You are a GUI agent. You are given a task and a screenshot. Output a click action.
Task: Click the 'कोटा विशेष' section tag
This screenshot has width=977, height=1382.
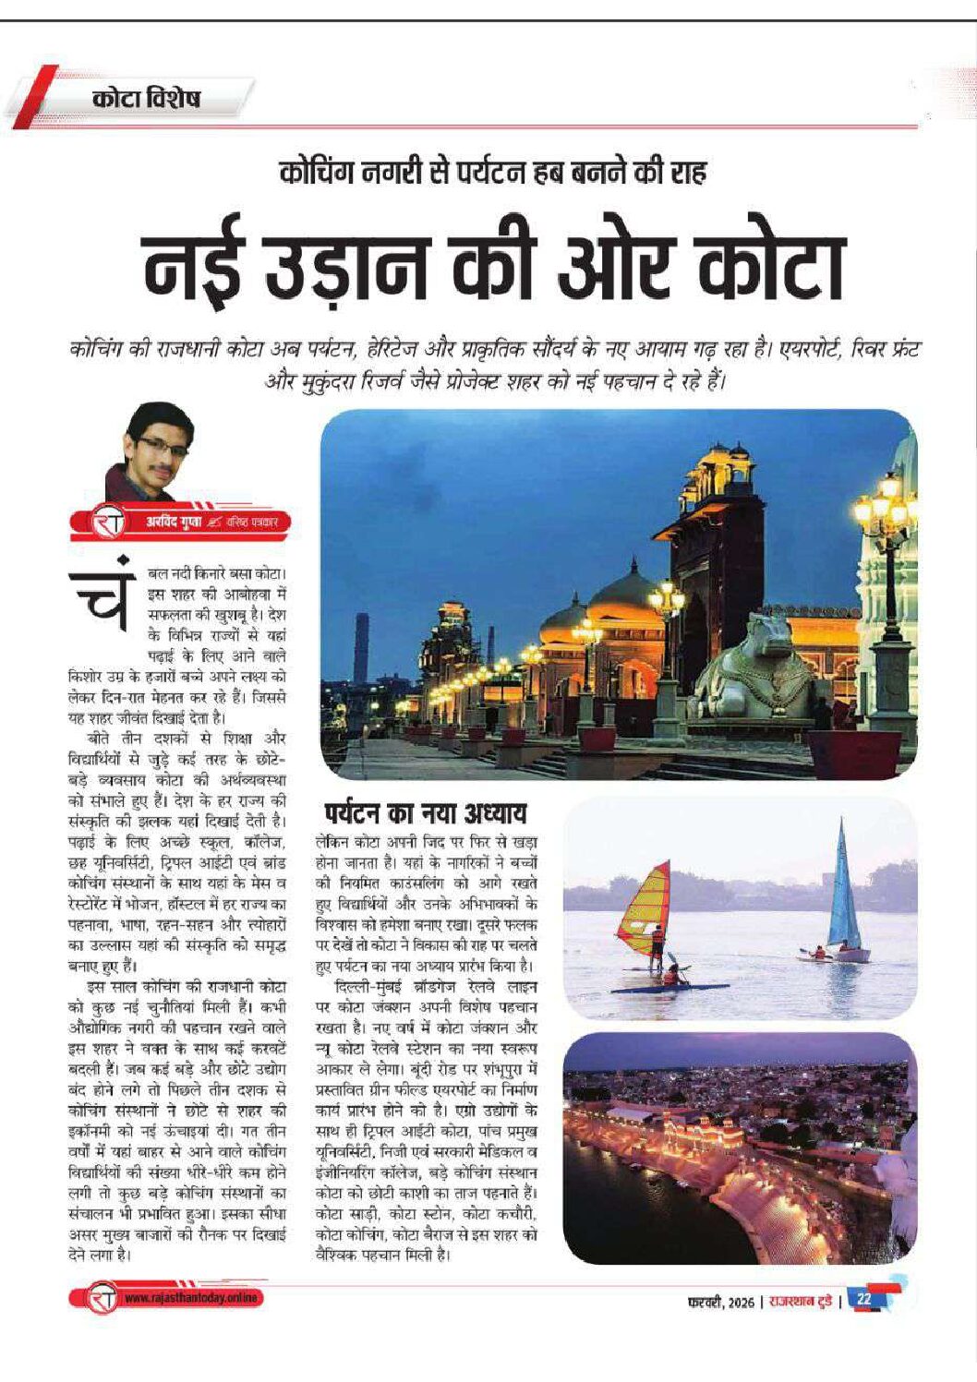click(145, 99)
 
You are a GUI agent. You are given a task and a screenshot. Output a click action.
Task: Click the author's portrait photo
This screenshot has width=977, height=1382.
click(151, 451)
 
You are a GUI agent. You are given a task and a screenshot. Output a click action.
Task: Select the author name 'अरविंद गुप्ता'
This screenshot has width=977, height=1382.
click(175, 523)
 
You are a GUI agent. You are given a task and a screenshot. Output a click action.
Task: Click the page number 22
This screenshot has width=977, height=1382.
click(864, 1299)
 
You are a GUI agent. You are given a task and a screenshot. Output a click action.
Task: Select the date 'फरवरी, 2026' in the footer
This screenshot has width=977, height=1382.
click(721, 1302)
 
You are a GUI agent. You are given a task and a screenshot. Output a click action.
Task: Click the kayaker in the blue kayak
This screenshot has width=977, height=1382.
click(673, 975)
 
